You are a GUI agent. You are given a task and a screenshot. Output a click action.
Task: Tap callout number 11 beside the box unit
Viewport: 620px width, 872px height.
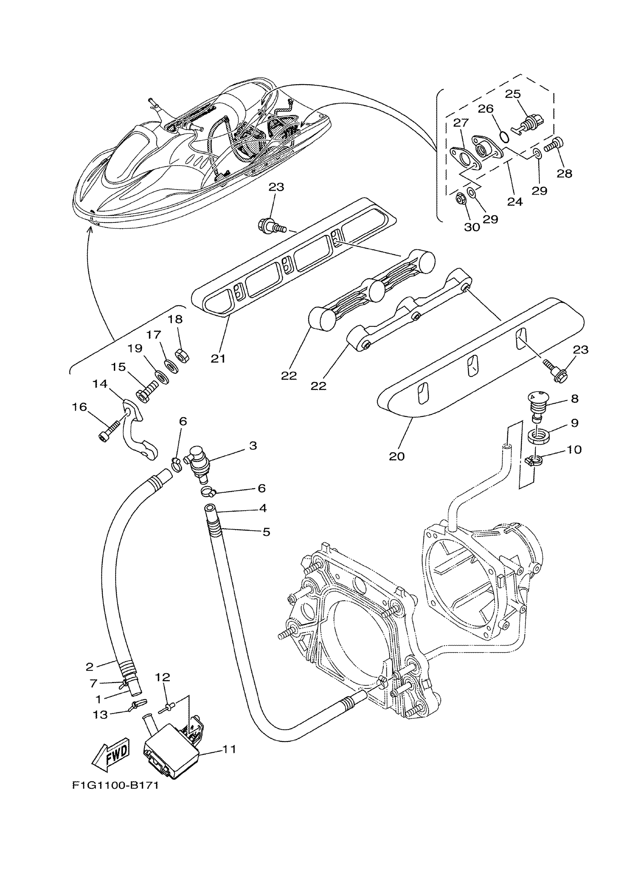(x=229, y=749)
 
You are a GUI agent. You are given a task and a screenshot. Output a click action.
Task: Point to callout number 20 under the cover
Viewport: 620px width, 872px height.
(x=397, y=456)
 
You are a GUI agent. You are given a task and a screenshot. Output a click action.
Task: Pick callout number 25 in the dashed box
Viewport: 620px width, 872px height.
(x=513, y=94)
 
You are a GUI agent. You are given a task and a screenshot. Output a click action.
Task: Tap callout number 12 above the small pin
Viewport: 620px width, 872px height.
(x=162, y=677)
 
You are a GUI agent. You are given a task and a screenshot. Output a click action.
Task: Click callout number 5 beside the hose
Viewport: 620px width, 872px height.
(x=266, y=531)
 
